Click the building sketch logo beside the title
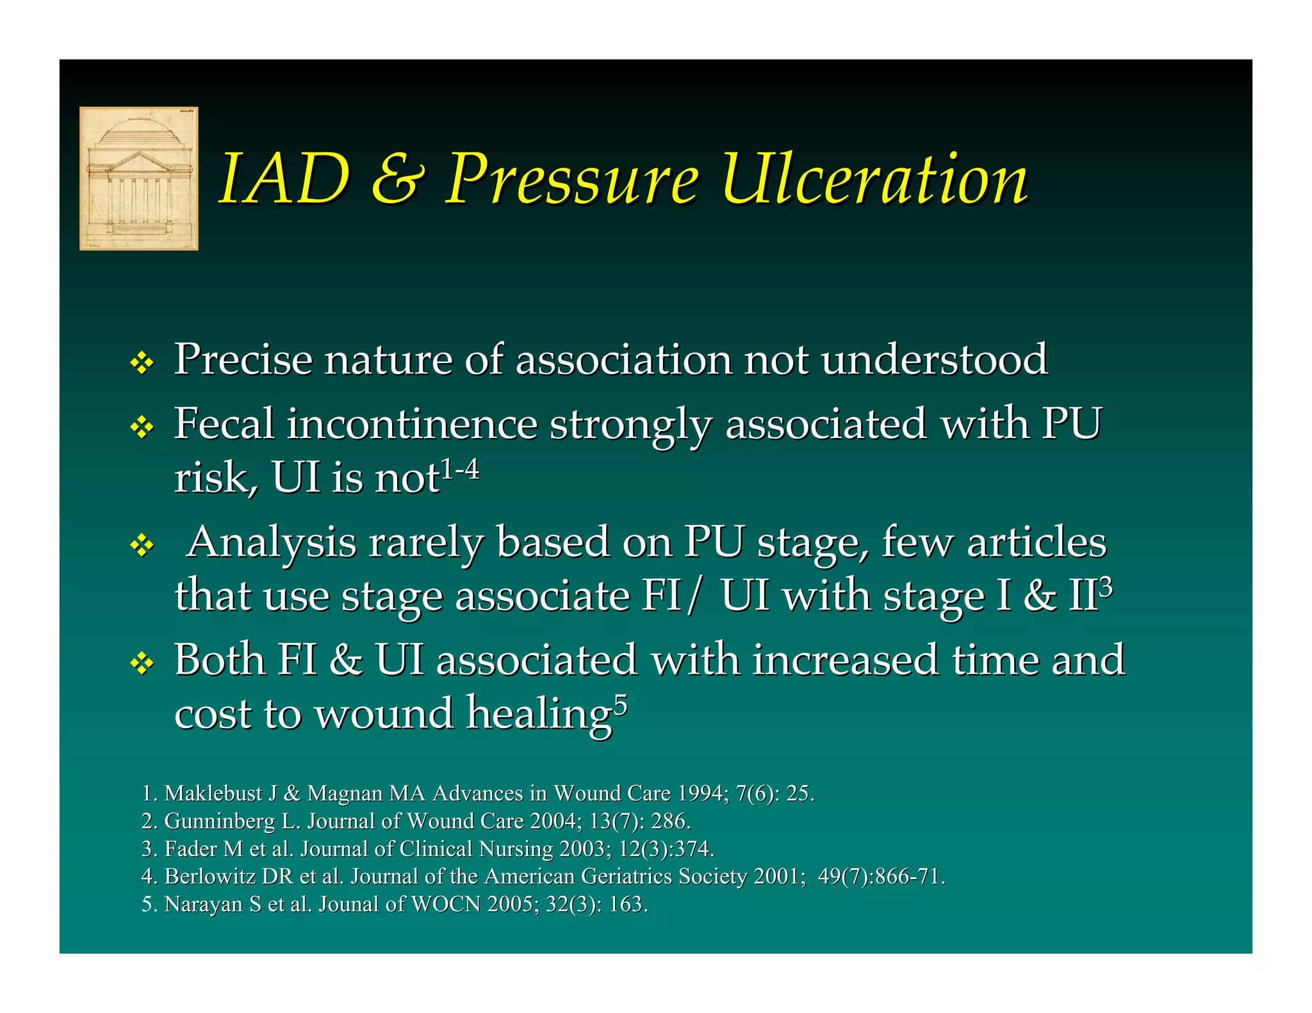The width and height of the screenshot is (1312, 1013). click(x=138, y=178)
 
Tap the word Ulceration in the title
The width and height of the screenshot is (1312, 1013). click(x=874, y=179)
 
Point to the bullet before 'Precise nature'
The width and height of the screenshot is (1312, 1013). click(x=142, y=364)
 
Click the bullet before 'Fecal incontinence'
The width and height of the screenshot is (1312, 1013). click(x=142, y=427)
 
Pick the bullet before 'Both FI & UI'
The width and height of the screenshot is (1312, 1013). click(x=142, y=663)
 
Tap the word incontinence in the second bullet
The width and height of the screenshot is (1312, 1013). click(x=412, y=425)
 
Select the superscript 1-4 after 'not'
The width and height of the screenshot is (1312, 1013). click(x=460, y=470)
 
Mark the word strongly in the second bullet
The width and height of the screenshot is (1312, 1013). click(x=630, y=426)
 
